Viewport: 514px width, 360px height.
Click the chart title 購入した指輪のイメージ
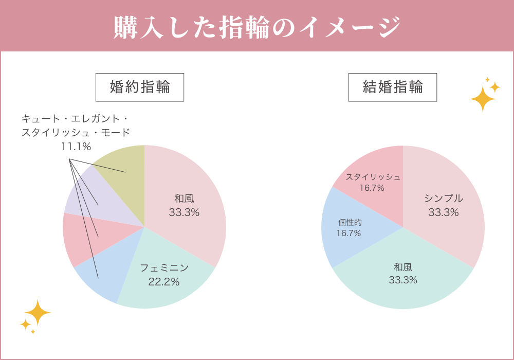click(256, 27)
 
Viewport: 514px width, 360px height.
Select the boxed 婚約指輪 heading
click(140, 87)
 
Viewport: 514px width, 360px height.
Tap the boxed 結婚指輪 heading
click(393, 87)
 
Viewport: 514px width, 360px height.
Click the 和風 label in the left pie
click(184, 199)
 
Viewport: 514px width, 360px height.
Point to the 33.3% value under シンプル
click(443, 212)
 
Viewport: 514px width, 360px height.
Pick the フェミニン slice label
click(164, 268)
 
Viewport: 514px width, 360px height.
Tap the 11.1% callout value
click(76, 147)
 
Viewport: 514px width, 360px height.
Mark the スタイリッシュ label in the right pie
click(373, 177)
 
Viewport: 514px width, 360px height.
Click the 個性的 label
click(350, 222)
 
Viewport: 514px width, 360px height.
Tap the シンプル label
click(443, 199)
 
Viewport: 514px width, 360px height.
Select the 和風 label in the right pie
click(403, 267)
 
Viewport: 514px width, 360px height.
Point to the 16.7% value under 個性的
click(348, 233)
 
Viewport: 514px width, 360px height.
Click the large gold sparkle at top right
click(483, 98)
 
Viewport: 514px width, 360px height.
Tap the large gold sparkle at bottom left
click(38, 313)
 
